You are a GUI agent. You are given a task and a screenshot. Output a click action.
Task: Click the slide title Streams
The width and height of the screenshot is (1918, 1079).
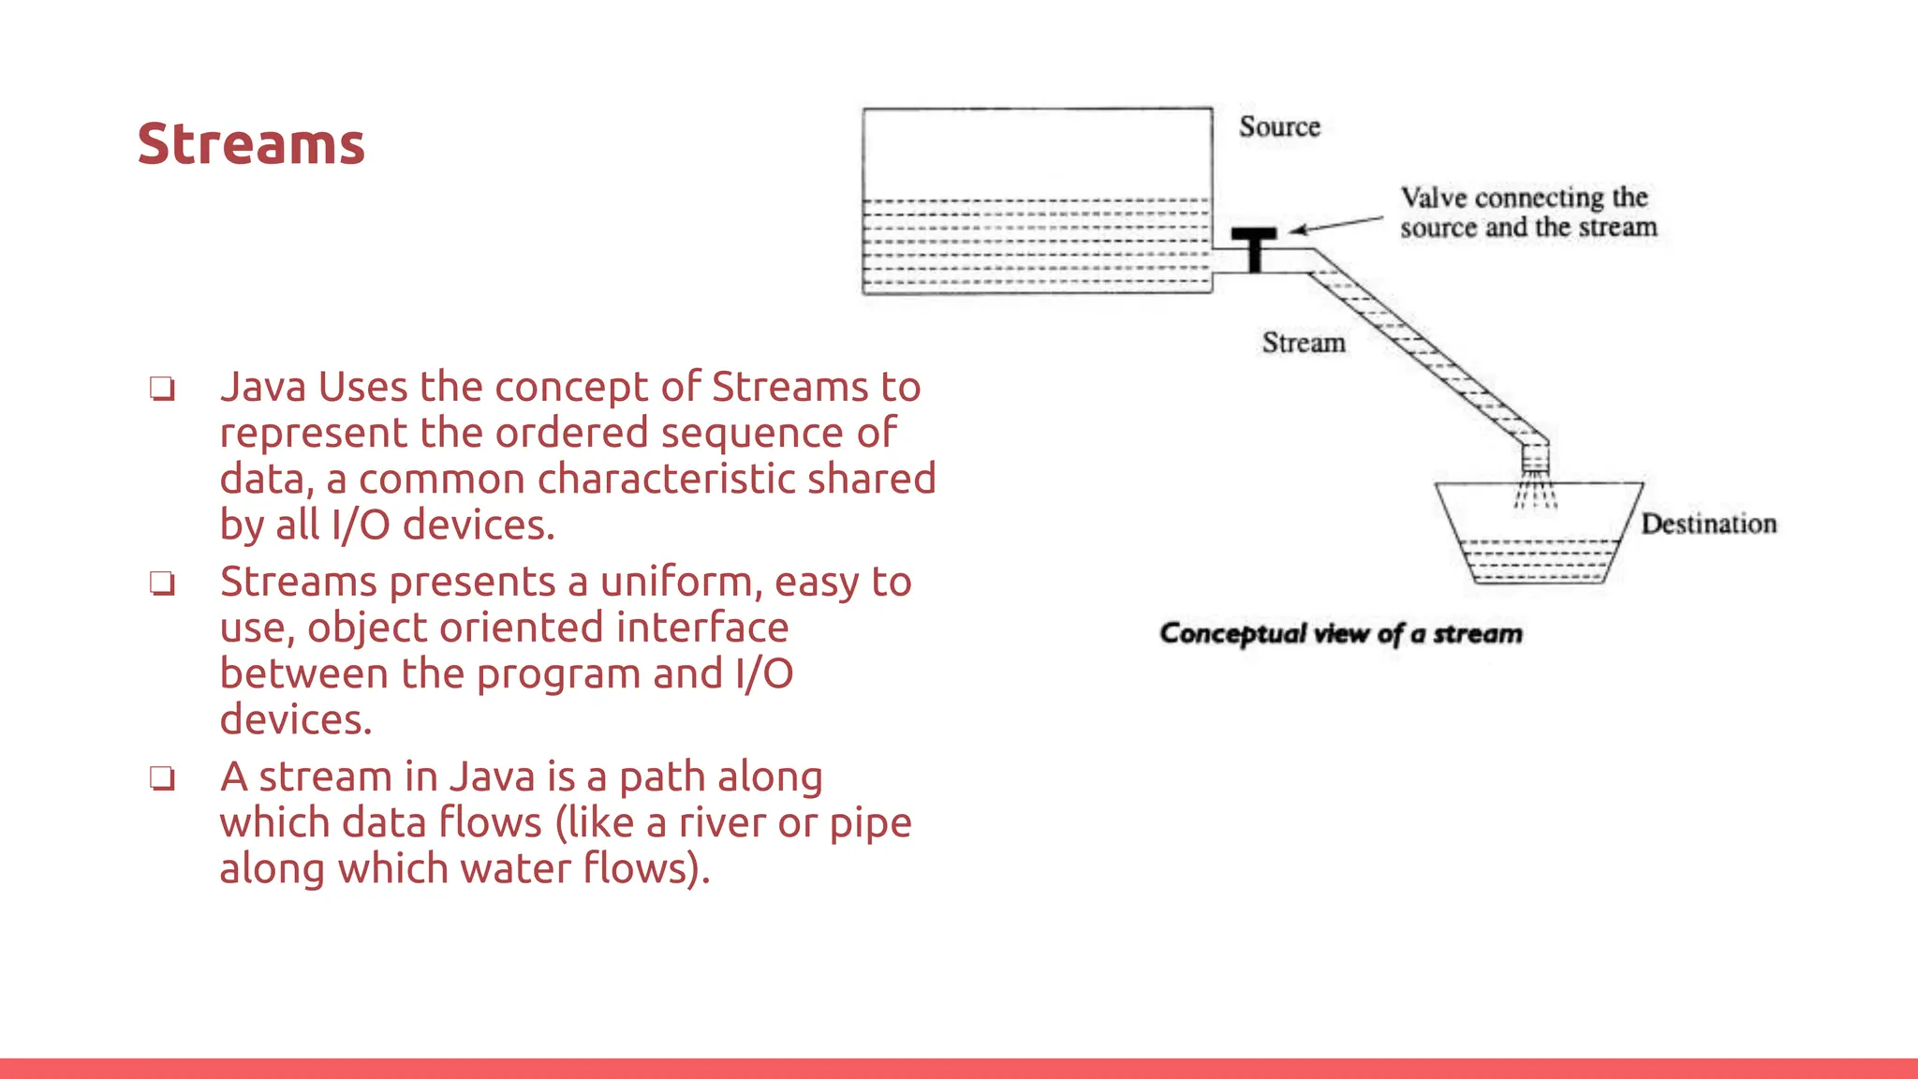pyautogui.click(x=251, y=144)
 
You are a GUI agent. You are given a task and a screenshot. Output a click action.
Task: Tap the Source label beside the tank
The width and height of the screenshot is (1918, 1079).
pyautogui.click(x=1279, y=126)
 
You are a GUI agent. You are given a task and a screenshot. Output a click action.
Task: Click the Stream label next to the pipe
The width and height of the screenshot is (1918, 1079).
pyautogui.click(x=1304, y=343)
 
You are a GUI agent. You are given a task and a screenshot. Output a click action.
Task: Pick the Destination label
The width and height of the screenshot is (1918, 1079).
pyautogui.click(x=1708, y=524)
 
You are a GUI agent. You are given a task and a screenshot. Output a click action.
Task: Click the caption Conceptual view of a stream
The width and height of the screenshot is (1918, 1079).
pyautogui.click(x=1341, y=634)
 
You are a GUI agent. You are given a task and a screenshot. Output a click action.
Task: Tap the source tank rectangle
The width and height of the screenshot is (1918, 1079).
pyautogui.click(x=1037, y=200)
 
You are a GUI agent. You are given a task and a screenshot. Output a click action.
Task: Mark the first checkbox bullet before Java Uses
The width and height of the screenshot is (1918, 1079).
pyautogui.click(x=163, y=388)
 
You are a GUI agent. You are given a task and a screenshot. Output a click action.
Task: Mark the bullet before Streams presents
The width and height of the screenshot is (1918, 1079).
pyautogui.click(x=163, y=583)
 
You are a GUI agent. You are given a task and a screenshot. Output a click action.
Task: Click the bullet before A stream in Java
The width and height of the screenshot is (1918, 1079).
pyautogui.click(x=163, y=777)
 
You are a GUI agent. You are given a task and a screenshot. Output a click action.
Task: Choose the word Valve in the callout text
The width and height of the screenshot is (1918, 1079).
pyautogui.click(x=1433, y=198)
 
